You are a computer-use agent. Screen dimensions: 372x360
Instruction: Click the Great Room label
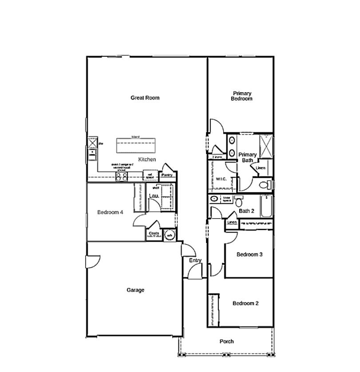[x=145, y=98]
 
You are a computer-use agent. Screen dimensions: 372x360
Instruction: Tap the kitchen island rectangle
[x=136, y=145]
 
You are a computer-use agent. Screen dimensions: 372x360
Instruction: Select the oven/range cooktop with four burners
[x=122, y=176]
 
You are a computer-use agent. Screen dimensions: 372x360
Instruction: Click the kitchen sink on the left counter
[x=92, y=154]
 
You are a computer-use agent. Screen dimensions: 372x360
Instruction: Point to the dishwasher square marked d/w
[x=92, y=143]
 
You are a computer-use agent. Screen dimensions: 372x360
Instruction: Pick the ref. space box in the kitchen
[x=150, y=176]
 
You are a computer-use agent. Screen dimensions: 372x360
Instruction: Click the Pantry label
[x=167, y=175]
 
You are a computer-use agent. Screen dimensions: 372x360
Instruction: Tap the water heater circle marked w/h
[x=169, y=235]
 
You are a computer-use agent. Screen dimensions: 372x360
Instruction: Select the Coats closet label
[x=154, y=233]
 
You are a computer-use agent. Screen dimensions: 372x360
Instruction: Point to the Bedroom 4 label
[x=110, y=212]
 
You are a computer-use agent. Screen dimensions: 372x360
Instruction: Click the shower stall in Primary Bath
[x=266, y=146]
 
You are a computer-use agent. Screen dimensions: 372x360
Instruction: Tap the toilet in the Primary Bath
[x=264, y=184]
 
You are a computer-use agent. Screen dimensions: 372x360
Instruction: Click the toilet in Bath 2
[x=239, y=202]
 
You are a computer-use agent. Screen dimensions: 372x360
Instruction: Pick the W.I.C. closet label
[x=221, y=179]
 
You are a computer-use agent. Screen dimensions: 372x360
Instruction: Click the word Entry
[x=195, y=261]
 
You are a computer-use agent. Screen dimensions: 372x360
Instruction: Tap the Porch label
[x=226, y=341]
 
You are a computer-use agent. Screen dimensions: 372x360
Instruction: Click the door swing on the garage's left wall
[x=92, y=262]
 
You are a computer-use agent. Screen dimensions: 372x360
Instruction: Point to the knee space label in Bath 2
[x=226, y=199]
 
